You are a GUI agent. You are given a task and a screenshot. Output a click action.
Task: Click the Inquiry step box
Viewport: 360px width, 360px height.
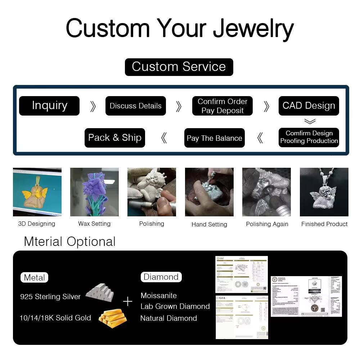tap(49, 106)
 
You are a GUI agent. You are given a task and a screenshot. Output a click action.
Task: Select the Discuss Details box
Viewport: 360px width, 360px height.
tap(136, 106)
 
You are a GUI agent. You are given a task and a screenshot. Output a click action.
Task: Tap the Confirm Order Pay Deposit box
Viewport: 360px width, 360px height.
tap(222, 106)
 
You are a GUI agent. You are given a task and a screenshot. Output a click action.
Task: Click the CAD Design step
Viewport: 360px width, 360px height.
tap(309, 106)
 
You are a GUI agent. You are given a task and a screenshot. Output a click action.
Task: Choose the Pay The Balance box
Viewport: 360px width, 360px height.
tap(215, 138)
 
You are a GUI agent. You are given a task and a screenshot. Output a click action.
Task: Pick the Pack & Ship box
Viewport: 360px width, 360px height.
tap(115, 138)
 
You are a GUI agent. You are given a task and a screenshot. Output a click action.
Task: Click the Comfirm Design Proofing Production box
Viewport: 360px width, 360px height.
tap(309, 137)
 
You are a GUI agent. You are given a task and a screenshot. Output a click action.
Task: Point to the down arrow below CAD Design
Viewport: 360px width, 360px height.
tap(310, 121)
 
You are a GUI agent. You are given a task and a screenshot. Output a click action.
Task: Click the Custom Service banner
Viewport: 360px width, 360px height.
tap(179, 67)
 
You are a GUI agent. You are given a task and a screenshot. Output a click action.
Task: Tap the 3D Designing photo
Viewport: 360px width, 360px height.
tap(37, 192)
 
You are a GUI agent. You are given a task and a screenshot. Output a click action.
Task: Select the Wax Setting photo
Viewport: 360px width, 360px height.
tap(94, 192)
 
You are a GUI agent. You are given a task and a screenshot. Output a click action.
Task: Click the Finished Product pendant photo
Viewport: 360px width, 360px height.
tap(324, 192)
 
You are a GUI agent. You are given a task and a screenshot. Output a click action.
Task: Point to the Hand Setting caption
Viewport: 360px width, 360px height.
tap(209, 224)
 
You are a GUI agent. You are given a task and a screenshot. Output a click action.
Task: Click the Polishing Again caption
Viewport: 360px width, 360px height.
tap(267, 224)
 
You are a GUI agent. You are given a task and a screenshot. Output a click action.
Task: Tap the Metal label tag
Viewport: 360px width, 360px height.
tap(34, 278)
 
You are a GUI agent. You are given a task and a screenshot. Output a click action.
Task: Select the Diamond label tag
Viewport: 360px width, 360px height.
tap(161, 277)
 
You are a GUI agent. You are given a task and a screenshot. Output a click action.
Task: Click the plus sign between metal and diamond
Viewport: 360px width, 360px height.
tap(127, 301)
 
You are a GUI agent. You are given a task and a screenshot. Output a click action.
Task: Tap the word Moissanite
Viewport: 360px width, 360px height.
tap(159, 296)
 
